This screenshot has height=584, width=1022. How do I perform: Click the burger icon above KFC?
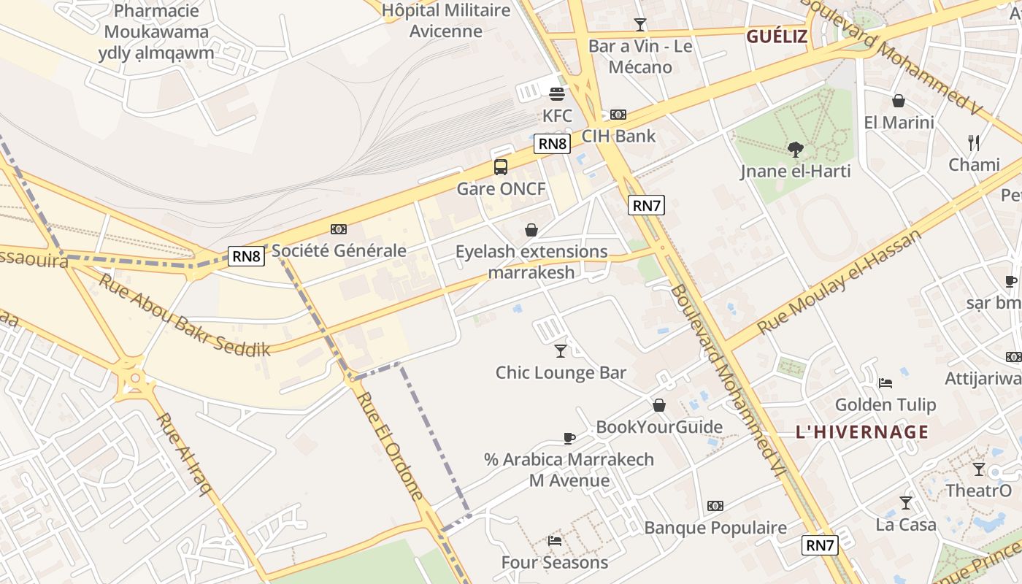coord(557,93)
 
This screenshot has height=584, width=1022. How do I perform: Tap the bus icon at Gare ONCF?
coord(501,166)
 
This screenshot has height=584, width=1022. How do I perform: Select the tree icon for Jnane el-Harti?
coord(795,150)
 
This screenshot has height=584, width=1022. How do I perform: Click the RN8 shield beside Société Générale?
coord(247,255)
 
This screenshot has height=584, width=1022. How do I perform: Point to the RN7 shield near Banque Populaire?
coord(819,545)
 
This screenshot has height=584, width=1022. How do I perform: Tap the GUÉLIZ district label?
coord(777,36)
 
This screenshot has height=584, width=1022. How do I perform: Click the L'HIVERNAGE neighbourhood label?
coord(862,431)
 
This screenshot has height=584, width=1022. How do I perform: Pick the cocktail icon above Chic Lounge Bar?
coord(560,351)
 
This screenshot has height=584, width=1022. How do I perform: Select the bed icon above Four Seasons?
coord(555,541)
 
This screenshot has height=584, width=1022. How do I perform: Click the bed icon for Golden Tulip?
coord(885,383)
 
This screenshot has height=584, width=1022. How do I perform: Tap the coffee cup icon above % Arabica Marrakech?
coord(569,438)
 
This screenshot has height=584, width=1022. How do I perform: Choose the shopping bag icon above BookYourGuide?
coord(659,405)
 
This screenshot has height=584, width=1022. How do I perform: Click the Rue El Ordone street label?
coord(391,446)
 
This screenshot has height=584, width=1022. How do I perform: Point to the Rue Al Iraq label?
coord(183,453)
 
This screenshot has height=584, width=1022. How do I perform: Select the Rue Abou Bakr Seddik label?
coord(184,316)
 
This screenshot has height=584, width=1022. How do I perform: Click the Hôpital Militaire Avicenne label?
coord(446,20)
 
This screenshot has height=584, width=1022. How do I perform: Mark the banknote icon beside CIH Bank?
coord(618,115)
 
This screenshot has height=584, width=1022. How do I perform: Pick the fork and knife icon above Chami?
coord(973,142)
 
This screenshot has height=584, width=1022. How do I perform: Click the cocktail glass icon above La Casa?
coord(906,502)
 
